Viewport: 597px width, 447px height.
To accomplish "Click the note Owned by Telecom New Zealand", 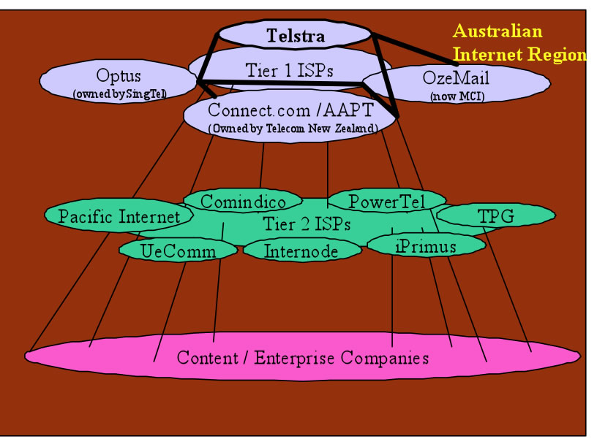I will tap(293, 128).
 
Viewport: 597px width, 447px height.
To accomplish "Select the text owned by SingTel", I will tap(119, 93).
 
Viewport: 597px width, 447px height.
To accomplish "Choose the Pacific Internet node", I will tap(119, 216).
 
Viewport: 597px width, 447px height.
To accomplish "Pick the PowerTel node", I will tap(386, 201).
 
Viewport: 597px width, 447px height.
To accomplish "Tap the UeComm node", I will tap(178, 251).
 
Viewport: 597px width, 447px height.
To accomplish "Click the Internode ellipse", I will tap(301, 251).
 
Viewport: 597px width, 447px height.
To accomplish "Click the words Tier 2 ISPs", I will tap(306, 224).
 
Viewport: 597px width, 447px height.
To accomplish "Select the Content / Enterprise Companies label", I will tap(302, 358).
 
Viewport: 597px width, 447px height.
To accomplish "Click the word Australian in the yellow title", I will tap(497, 31).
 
